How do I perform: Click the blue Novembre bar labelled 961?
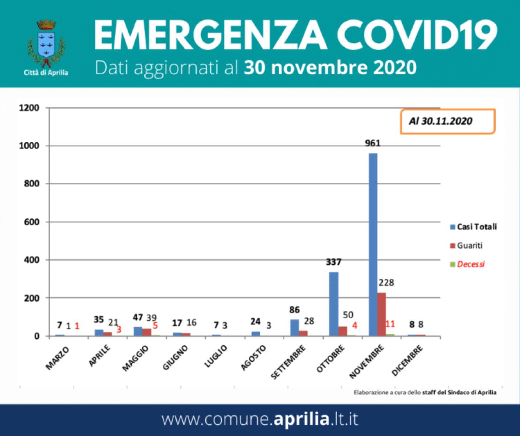coord(373,244)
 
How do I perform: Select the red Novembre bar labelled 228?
coord(381,314)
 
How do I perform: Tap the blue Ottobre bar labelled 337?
coord(334,304)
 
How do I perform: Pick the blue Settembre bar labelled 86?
coord(294,328)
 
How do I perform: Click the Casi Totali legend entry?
coord(473,227)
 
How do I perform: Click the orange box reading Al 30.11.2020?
coord(447,121)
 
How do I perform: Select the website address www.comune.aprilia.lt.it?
coord(260,420)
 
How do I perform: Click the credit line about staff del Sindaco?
coord(425,392)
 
